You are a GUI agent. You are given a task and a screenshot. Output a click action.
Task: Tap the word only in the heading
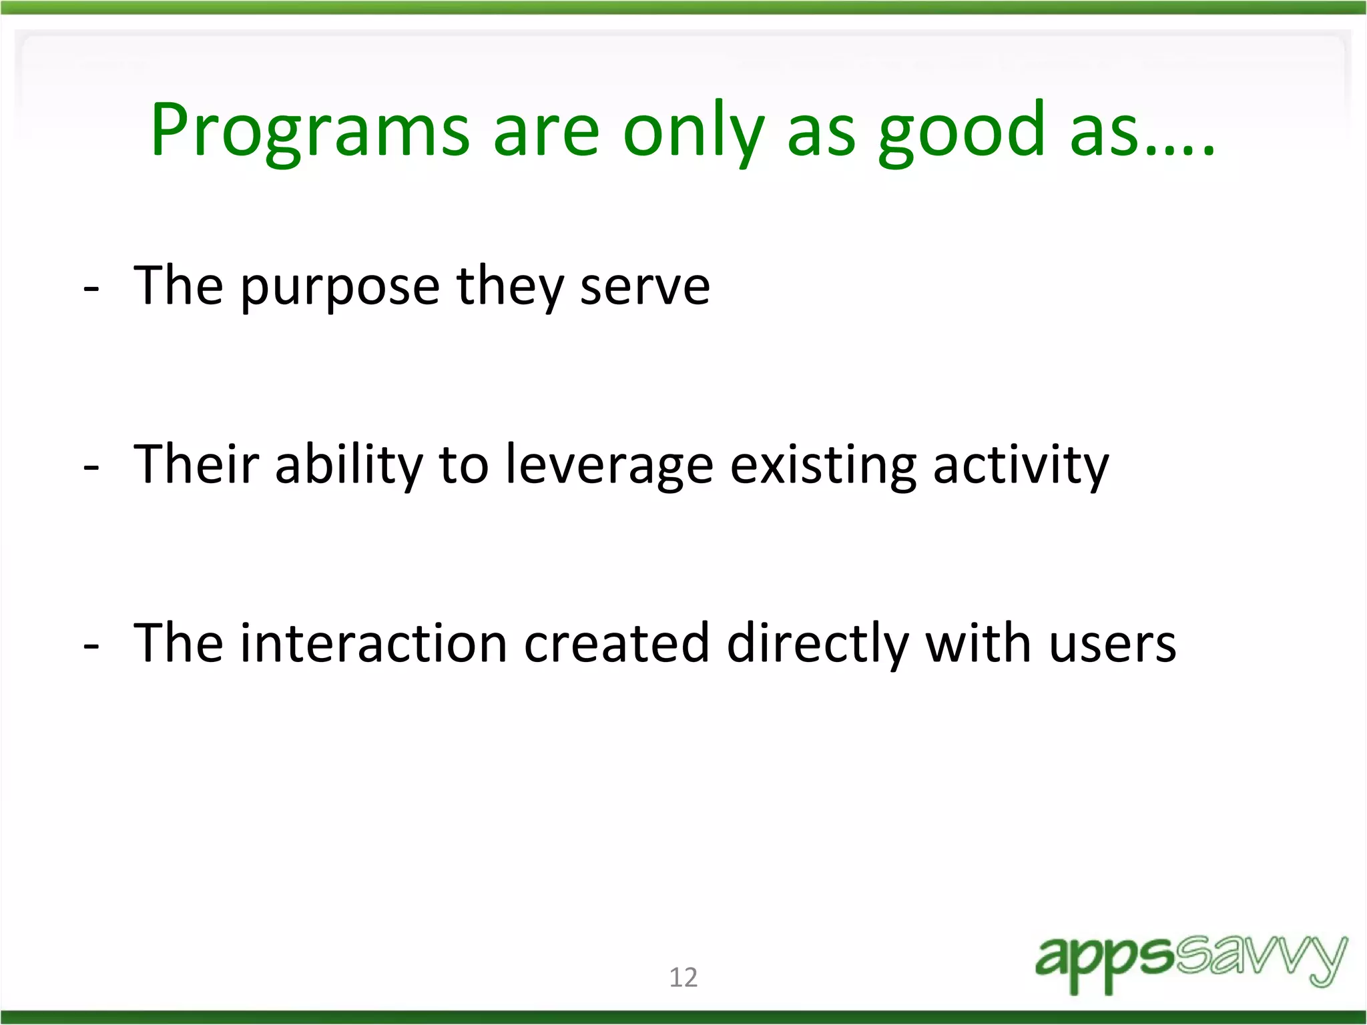tap(693, 130)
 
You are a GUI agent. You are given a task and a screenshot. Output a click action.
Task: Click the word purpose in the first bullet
tap(340, 287)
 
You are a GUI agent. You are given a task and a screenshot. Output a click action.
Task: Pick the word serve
tap(645, 287)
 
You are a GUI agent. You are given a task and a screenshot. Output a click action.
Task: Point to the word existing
tap(823, 464)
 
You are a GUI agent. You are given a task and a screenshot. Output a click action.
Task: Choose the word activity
tap(1021, 464)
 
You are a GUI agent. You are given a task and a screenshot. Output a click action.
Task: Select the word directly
tap(817, 643)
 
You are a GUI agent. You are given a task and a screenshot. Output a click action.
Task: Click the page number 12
tap(683, 977)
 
